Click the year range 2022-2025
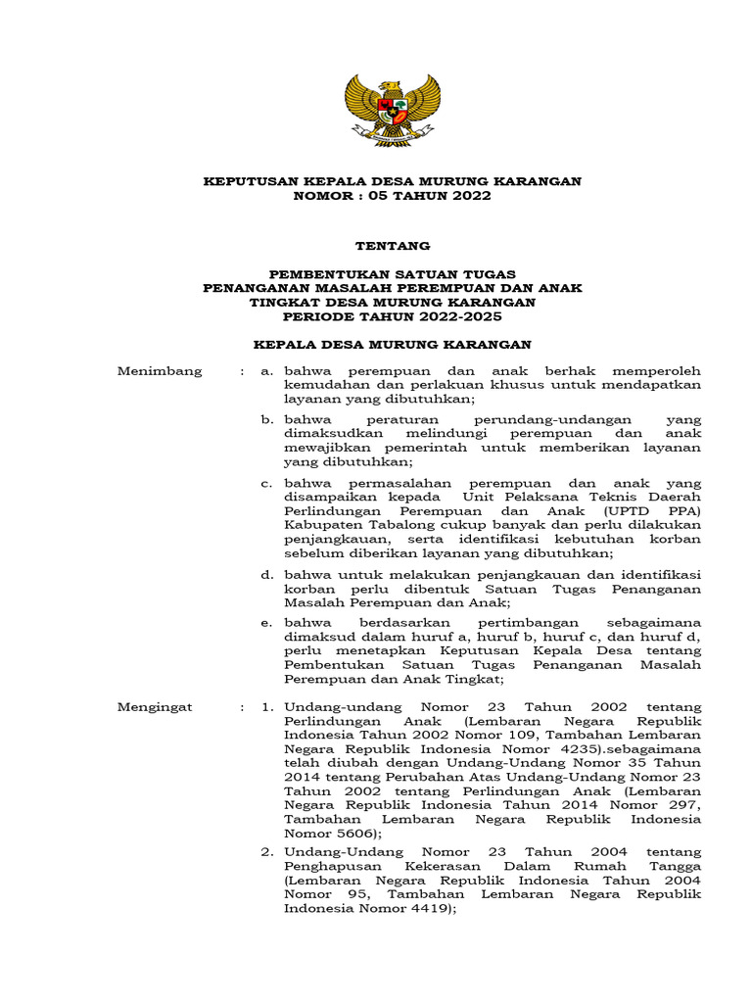click(x=458, y=316)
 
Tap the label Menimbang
click(x=160, y=371)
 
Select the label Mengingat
click(x=156, y=706)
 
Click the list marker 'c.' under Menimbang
click(x=265, y=483)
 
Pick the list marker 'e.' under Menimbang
click(x=265, y=622)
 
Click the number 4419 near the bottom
click(x=427, y=908)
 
